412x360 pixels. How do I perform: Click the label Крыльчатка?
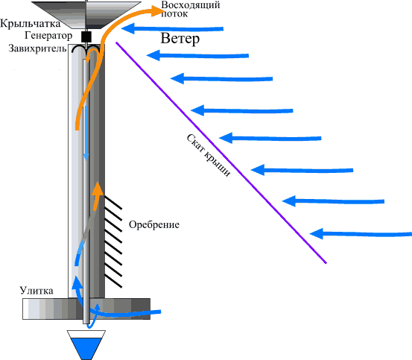point(31,24)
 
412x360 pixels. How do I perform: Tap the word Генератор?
point(48,36)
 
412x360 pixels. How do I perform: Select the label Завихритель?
point(37,48)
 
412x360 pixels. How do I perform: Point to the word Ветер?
point(180,39)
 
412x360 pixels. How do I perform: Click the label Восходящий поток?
point(191,9)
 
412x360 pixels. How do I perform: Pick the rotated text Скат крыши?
point(209,155)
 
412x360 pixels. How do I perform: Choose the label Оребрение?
point(154,224)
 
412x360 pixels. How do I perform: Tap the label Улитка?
point(37,291)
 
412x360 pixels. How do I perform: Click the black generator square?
point(86,37)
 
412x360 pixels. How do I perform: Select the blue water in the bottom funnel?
point(86,348)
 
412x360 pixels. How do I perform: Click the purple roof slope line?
point(221,152)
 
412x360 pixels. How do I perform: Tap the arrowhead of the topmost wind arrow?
point(128,28)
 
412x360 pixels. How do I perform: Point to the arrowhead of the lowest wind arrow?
point(317,233)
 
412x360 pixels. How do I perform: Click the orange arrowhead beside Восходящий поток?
point(158,11)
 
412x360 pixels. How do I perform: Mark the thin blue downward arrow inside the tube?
point(86,133)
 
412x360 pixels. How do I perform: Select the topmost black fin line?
point(113,203)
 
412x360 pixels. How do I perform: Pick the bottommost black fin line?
point(113,281)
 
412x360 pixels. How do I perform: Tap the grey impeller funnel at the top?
point(86,14)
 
